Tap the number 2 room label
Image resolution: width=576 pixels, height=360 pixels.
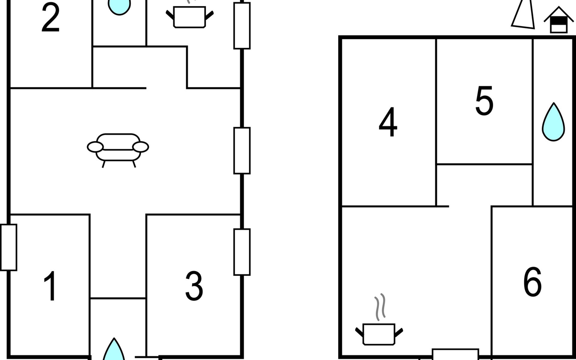(x=50, y=17)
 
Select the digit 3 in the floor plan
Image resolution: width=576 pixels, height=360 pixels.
(x=194, y=286)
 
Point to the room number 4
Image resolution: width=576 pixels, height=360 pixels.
(x=388, y=122)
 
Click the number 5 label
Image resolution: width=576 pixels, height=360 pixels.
(x=484, y=100)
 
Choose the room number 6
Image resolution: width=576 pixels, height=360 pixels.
(x=532, y=282)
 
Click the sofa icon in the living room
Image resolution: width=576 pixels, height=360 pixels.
(x=118, y=150)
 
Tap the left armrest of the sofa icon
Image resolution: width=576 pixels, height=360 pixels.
(x=95, y=147)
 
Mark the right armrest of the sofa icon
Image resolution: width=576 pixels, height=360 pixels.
(x=140, y=147)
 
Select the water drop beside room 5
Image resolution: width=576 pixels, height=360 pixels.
(x=553, y=122)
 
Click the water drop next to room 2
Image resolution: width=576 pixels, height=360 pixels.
(x=119, y=7)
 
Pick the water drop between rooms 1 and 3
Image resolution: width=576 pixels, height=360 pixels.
(x=114, y=349)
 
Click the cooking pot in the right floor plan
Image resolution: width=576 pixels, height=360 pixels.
(x=379, y=334)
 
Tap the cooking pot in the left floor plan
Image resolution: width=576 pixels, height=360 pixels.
(x=190, y=17)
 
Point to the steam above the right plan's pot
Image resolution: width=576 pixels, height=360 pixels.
(x=380, y=307)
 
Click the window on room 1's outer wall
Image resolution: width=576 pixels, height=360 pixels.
(x=9, y=247)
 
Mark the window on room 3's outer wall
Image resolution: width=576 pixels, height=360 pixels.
(x=242, y=252)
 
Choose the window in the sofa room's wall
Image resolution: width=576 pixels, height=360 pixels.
(x=242, y=151)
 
